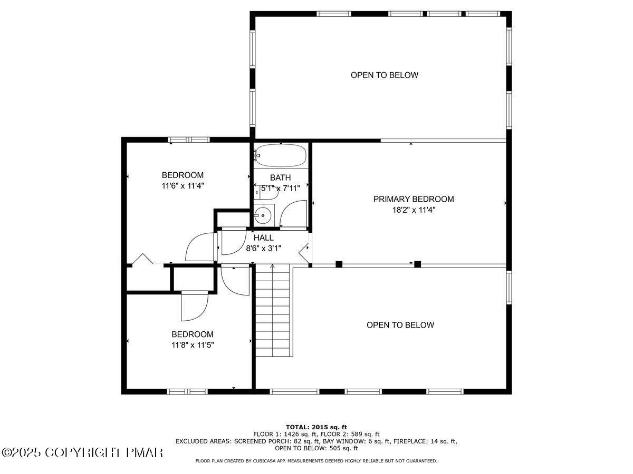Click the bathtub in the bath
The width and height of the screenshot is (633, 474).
pos(281,155)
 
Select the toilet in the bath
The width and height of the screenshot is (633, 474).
pos(268,193)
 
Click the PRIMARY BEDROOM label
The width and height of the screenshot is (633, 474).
pos(413,199)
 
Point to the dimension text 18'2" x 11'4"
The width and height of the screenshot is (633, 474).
pos(413,210)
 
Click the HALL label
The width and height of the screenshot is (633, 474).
pos(263,238)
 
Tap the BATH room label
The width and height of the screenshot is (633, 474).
pos(280,178)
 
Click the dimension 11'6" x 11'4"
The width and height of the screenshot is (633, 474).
pos(183,185)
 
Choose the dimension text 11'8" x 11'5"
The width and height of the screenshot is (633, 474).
pos(193,345)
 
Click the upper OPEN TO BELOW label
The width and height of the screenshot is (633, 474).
pos(385,75)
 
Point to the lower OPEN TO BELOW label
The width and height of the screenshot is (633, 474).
pos(400,325)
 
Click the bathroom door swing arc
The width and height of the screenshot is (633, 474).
pos(292,215)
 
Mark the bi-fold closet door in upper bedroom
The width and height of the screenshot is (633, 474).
pos(142,259)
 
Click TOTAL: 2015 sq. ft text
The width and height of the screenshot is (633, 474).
pos(316,427)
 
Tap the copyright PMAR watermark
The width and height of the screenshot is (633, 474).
pos(82,452)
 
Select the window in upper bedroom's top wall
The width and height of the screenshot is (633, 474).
pos(189,140)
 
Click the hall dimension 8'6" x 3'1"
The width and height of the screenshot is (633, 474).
pos(263,248)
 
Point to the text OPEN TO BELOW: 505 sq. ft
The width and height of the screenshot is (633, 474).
pos(316,449)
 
